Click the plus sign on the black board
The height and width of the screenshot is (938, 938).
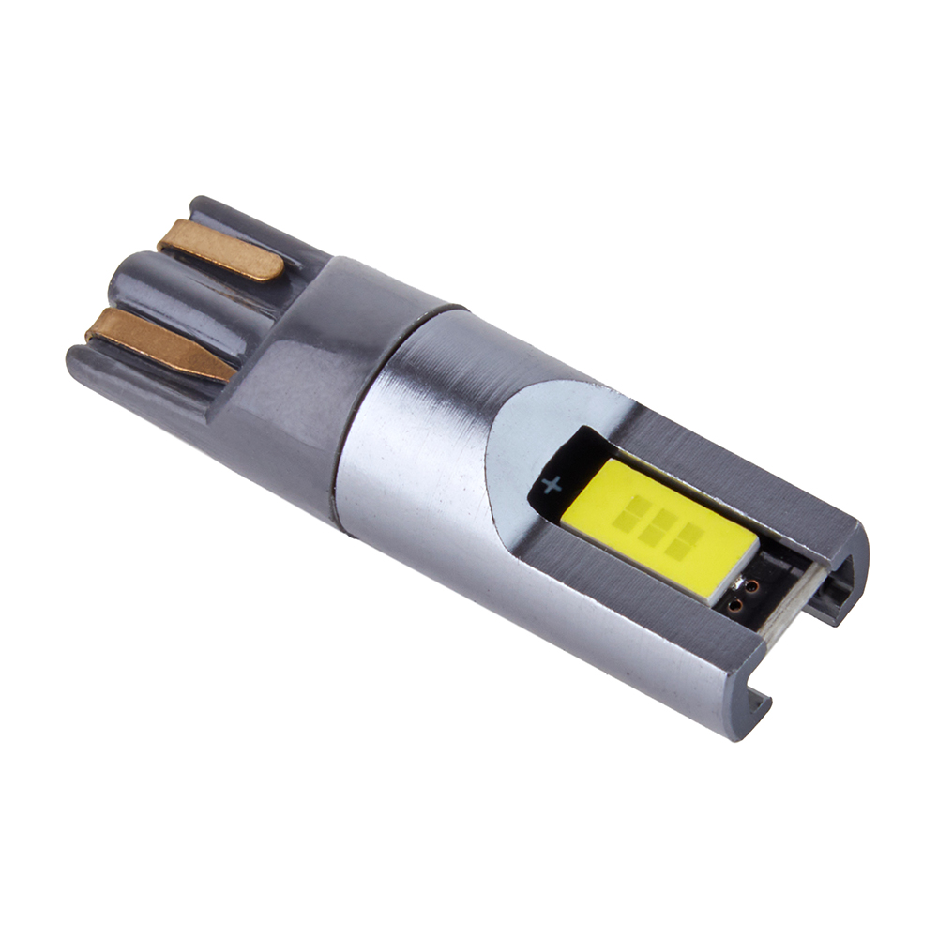pos(552,485)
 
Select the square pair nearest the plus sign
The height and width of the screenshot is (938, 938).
pos(635,511)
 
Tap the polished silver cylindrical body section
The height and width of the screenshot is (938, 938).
pos(413,441)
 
